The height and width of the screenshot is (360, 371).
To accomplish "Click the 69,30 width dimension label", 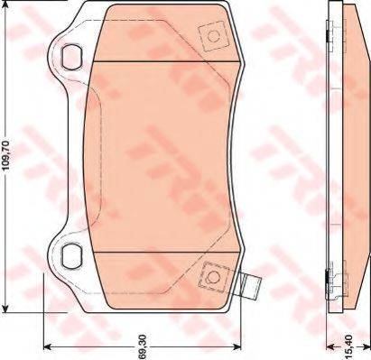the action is pos(143,346).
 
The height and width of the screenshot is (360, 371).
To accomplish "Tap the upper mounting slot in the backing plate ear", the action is pos(71,57).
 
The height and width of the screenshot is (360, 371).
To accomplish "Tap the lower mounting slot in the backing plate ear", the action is pos(71,255).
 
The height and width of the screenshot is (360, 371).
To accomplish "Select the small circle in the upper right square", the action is pos(214,36).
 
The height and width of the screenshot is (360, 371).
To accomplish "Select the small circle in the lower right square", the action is pos(214,277).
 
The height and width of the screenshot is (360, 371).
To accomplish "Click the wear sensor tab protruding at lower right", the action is pos(251,286).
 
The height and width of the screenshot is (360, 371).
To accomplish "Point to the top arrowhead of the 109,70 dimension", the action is pos(6,6).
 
